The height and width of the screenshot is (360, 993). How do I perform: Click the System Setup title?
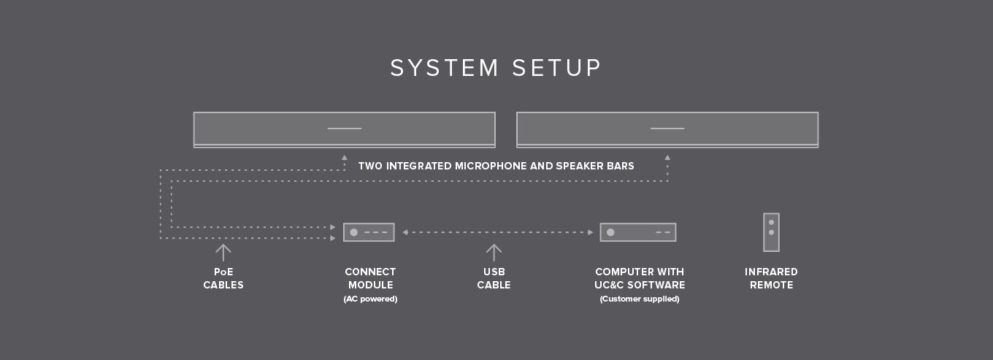(x=496, y=68)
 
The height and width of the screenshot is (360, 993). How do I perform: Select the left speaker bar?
(x=344, y=129)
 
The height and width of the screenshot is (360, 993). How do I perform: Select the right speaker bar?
(x=667, y=129)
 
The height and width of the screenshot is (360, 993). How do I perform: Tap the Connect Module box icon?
(x=369, y=232)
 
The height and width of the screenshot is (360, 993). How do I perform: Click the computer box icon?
(x=637, y=232)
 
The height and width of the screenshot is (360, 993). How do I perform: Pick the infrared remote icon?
(x=771, y=232)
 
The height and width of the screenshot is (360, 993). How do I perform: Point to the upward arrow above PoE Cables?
(x=223, y=253)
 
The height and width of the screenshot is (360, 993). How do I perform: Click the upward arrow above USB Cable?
(x=494, y=253)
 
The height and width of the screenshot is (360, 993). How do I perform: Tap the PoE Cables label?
(x=223, y=278)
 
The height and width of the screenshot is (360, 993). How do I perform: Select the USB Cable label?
(x=494, y=278)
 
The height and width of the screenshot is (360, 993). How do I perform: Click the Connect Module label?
(x=370, y=278)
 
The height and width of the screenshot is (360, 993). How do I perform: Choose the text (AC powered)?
(x=370, y=299)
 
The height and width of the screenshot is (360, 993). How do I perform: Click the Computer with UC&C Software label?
(x=640, y=278)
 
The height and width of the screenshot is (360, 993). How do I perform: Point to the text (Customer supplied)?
(x=640, y=299)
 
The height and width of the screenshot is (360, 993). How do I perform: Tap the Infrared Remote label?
(x=771, y=278)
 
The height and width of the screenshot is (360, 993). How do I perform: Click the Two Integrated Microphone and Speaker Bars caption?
(x=496, y=166)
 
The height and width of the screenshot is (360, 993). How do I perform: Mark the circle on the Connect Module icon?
(x=354, y=232)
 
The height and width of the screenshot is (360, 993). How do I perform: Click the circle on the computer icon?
(x=610, y=232)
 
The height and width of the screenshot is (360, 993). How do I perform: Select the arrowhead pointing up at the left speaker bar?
(x=345, y=157)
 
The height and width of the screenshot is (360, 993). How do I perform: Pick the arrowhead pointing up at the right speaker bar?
(x=667, y=157)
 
